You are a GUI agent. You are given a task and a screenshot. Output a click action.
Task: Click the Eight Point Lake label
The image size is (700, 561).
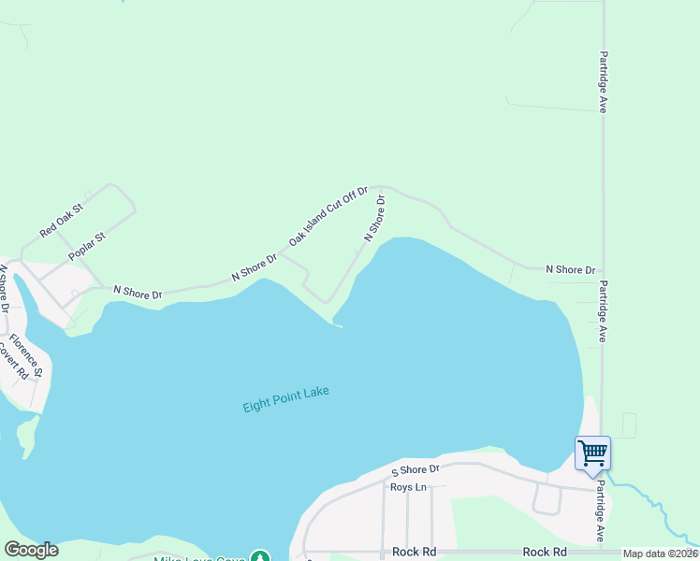click(286, 400)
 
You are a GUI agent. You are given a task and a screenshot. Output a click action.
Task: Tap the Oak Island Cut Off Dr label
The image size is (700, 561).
click(328, 216)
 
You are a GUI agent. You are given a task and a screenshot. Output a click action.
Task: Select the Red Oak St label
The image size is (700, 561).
click(62, 219)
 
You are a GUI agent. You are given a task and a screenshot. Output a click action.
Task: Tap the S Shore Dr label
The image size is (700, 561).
click(415, 469)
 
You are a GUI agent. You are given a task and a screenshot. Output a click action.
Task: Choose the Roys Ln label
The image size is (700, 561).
click(407, 487)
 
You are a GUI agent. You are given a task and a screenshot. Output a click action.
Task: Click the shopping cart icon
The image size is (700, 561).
click(592, 454)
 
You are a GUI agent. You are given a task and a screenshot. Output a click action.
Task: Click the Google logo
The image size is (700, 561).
click(31, 550)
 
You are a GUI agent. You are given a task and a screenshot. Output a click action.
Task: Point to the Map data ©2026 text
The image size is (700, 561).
click(659, 554)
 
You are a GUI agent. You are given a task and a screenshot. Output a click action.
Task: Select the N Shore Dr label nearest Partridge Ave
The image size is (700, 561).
click(571, 269)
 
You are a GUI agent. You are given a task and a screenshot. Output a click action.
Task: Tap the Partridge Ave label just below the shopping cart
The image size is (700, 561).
click(601, 515)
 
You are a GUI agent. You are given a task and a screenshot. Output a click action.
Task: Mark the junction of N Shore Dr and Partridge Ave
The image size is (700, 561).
click(602, 270)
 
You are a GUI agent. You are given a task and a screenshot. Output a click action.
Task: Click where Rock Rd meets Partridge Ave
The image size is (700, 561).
click(602, 552)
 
